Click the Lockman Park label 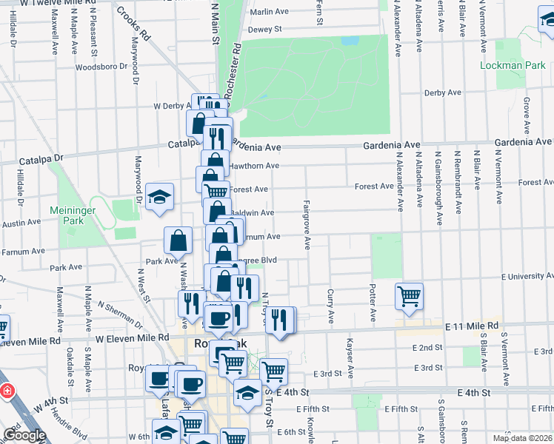(513, 65)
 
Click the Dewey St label (265, 30)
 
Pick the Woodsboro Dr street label (99, 66)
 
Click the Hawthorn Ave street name (253, 166)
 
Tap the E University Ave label (527, 276)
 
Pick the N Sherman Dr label (119, 314)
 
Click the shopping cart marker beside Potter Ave (409, 296)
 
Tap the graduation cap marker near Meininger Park (159, 197)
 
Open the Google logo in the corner (24, 435)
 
